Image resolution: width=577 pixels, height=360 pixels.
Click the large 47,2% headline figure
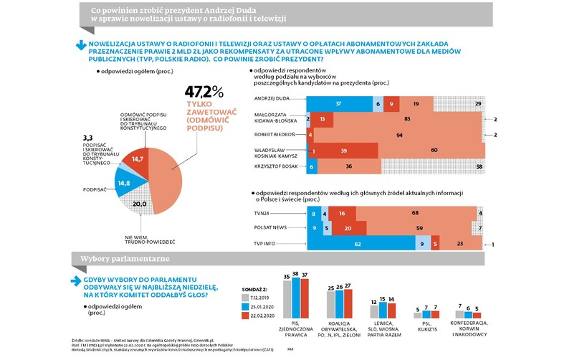pos(204,92)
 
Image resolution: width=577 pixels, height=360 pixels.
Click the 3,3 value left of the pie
pos(88,136)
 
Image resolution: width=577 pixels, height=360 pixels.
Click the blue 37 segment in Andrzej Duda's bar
pos(337,104)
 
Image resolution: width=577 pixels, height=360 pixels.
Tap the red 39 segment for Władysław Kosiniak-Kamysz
pos(344,151)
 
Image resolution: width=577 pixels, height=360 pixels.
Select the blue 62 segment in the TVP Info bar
pos(356,245)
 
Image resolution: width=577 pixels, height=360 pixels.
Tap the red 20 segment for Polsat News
pos(348,229)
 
